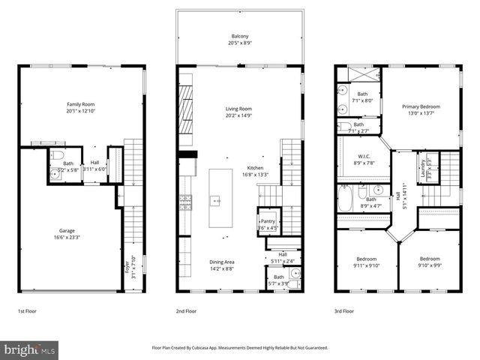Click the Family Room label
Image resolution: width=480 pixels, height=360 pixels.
pyautogui.click(x=81, y=106)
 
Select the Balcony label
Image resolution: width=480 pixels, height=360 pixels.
pyautogui.click(x=240, y=37)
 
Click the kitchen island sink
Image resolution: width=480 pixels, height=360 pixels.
pyautogui.click(x=215, y=200)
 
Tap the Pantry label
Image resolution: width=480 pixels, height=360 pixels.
pyautogui.click(x=268, y=221)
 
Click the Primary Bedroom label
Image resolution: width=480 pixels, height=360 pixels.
pyautogui.click(x=420, y=106)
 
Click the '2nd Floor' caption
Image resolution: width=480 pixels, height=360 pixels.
pyautogui.click(x=187, y=310)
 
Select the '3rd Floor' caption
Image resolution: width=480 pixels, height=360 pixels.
pyautogui.click(x=344, y=310)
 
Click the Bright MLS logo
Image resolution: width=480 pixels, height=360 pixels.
pyautogui.click(x=30, y=349)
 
